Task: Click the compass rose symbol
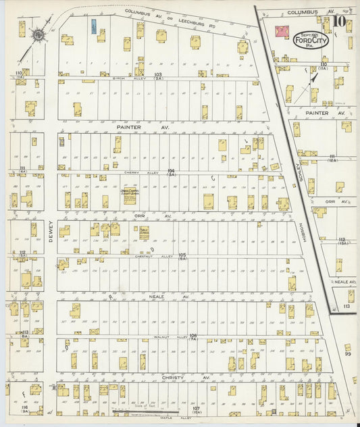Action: tap(38, 34)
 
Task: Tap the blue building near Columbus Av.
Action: tap(93, 26)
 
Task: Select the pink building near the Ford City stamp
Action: tap(282, 32)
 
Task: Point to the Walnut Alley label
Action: tap(155, 336)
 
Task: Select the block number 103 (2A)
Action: tap(159, 76)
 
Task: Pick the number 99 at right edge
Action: tap(348, 353)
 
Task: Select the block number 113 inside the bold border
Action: tap(346, 306)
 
